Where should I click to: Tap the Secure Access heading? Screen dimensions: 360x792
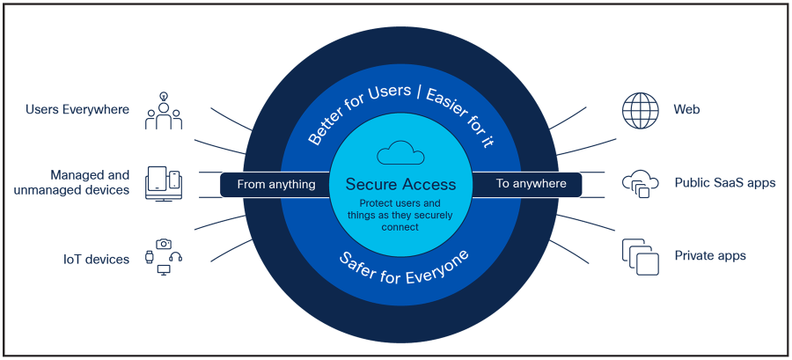(x=400, y=184)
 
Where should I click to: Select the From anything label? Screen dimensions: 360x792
(x=276, y=184)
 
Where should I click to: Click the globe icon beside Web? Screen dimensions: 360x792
(x=640, y=111)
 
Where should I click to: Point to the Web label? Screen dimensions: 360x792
(x=687, y=110)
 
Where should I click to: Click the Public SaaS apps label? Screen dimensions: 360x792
(x=724, y=183)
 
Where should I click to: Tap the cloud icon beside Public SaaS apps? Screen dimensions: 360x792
(x=640, y=183)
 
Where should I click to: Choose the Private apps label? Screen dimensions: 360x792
(x=709, y=256)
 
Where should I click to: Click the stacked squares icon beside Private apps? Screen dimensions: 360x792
(x=640, y=256)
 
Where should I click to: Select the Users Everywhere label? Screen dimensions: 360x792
(x=77, y=110)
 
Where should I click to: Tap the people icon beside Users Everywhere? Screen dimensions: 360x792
(x=164, y=112)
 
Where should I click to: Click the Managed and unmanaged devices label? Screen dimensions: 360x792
(x=72, y=182)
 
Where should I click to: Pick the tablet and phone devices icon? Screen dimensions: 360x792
(x=164, y=183)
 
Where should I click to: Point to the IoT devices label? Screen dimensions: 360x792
(x=96, y=260)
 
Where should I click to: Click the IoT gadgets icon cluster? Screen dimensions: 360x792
(x=164, y=256)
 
